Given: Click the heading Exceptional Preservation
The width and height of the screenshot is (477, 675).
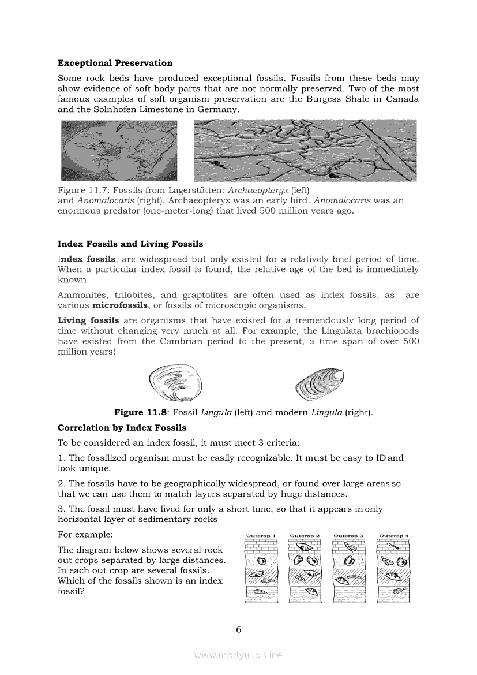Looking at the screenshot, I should click(115, 63).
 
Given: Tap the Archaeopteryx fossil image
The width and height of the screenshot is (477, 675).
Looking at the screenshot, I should click(119, 151).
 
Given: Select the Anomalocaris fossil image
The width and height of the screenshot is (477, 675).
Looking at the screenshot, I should click(305, 150).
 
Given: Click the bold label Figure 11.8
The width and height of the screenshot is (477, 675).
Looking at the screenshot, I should click(136, 412).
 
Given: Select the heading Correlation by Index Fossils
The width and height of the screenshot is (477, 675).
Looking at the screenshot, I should click(122, 428).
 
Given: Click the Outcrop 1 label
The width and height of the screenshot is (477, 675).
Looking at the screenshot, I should click(261, 536).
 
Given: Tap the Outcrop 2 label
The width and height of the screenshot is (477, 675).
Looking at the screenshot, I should click(305, 536).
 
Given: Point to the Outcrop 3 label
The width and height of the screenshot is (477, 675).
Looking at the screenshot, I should click(348, 536).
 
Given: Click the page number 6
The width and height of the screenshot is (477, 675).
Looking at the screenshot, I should click(238, 629).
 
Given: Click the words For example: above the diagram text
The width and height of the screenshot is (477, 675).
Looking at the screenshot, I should click(85, 535).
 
